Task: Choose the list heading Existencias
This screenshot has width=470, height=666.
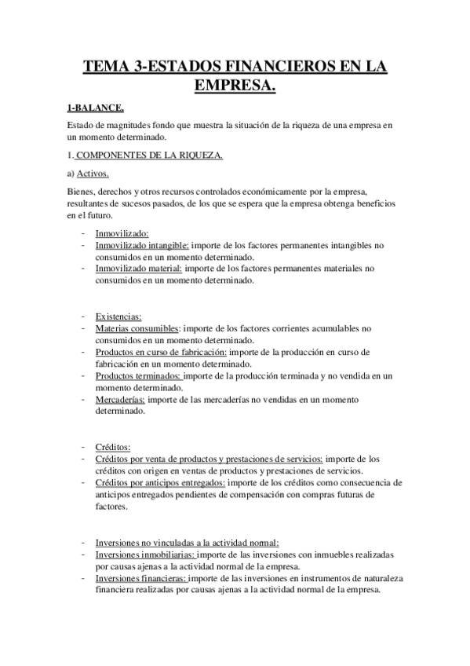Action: point(119,317)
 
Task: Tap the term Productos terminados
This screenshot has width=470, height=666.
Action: point(137,375)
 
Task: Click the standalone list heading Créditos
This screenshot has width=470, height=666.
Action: point(113,447)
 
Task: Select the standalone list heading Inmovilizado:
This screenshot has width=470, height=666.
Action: point(122,233)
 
